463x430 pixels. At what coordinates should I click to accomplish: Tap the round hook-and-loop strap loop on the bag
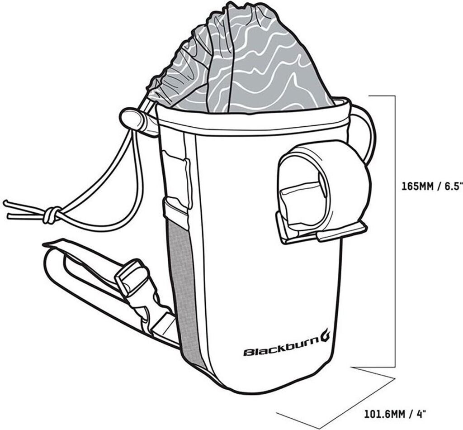click(344, 181)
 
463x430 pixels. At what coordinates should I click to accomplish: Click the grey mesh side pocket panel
click(183, 290)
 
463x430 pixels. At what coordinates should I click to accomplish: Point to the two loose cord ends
click(18, 207)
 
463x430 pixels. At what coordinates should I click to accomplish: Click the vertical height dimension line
click(396, 226)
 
